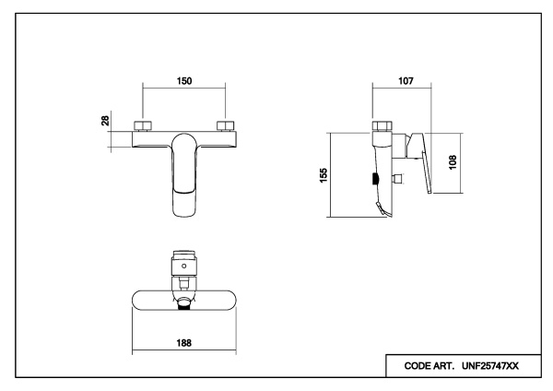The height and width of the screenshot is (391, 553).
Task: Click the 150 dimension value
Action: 184,80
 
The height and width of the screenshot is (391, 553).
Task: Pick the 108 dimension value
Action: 452,160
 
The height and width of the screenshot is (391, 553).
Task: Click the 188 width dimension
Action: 184,341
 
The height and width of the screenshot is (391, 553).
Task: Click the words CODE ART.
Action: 422,366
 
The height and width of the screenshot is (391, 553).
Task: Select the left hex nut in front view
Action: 144,125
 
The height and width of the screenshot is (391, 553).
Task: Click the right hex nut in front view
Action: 225,125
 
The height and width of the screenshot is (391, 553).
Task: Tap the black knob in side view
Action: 372,179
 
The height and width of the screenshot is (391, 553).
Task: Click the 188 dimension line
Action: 184,350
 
